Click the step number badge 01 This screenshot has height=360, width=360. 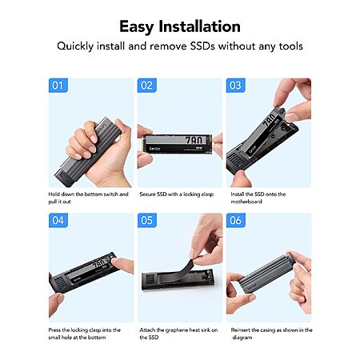[x=58, y=86]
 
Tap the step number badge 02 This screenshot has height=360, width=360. [x=147, y=86]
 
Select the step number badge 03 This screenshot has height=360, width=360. [x=236, y=86]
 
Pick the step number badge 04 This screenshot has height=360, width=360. [x=58, y=220]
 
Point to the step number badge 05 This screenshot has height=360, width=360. [x=147, y=220]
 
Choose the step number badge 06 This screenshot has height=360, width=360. [x=236, y=220]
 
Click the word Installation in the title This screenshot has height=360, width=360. [x=199, y=26]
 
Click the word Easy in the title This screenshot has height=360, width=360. [x=136, y=27]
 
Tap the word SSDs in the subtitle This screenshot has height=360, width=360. [x=202, y=46]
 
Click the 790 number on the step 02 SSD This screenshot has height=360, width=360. [x=195, y=140]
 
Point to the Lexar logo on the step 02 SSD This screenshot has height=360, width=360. [x=154, y=148]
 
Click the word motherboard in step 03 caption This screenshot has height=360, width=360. [x=246, y=202]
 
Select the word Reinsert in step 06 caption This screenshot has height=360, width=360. [x=241, y=330]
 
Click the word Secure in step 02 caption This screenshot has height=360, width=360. [x=147, y=194]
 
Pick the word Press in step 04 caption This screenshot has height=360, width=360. [x=54, y=330]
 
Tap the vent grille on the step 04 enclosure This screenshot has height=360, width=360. [x=60, y=283]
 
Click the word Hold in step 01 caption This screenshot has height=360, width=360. [x=54, y=194]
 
